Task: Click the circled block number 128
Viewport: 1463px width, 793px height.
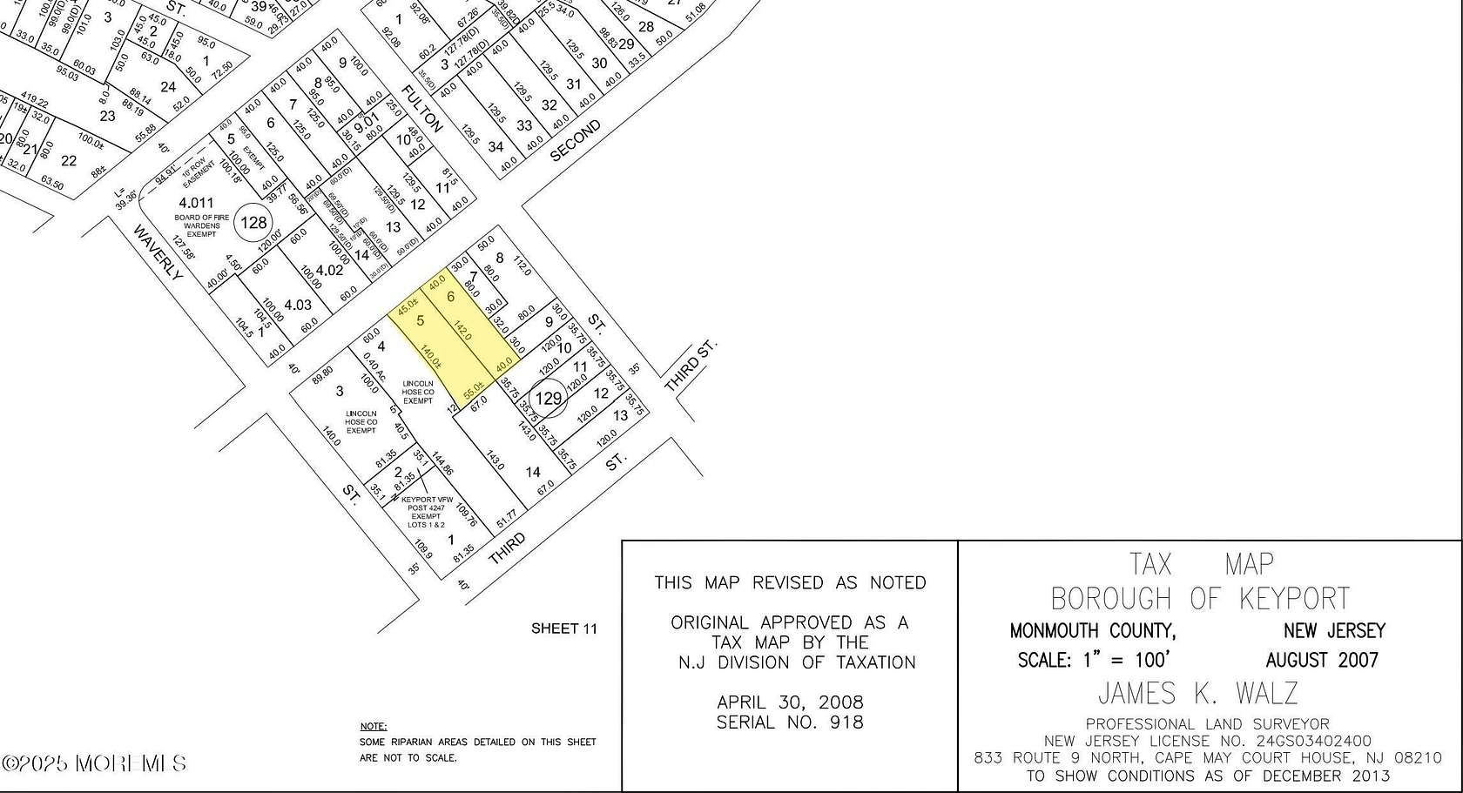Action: click(x=253, y=223)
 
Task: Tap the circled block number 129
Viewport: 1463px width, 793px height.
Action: click(x=549, y=399)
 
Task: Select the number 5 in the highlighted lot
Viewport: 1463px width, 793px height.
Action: click(x=421, y=321)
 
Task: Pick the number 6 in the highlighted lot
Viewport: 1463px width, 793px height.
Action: click(x=451, y=297)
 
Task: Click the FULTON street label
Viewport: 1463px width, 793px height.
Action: click(x=423, y=109)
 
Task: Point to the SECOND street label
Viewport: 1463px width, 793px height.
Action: click(x=576, y=140)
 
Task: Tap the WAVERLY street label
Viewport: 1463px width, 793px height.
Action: click(x=158, y=253)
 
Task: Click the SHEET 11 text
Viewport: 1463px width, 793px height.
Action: click(x=564, y=628)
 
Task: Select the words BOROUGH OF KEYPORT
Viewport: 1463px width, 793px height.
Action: click(x=1200, y=599)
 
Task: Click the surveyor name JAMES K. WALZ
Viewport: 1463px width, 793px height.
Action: click(x=1198, y=693)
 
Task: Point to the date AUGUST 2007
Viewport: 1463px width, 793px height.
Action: click(x=1322, y=660)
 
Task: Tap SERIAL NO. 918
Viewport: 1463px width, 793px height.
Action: click(x=790, y=722)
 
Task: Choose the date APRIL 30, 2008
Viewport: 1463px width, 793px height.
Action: click(x=790, y=702)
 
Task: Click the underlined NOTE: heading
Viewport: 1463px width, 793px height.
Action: click(x=374, y=726)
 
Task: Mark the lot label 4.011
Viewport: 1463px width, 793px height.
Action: click(x=196, y=204)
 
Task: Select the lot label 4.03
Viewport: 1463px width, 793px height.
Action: click(x=298, y=305)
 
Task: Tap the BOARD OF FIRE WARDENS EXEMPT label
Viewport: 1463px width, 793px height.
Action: click(x=197, y=225)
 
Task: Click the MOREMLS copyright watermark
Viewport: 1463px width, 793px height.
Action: click(x=94, y=763)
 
